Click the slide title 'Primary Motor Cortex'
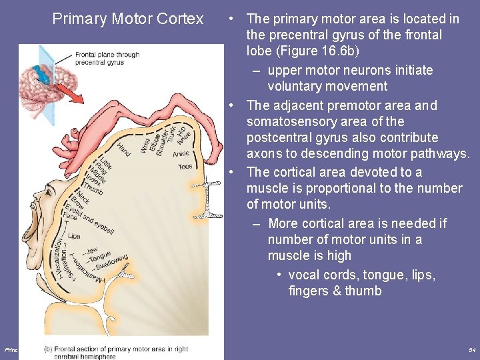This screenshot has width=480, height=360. click(x=128, y=19)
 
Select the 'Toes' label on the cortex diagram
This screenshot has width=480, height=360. click(x=185, y=167)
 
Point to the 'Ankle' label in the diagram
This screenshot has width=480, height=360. click(x=181, y=154)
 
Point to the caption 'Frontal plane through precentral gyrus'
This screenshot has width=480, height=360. click(x=107, y=59)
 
